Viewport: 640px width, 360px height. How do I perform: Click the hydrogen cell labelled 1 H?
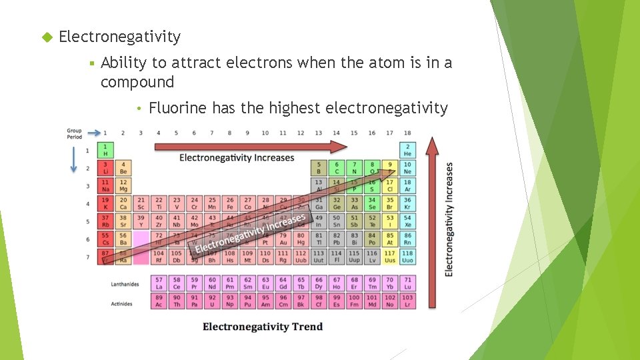(x=105, y=150)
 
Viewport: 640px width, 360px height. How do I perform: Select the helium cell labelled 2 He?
(x=407, y=150)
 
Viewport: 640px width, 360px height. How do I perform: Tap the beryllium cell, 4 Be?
(x=123, y=168)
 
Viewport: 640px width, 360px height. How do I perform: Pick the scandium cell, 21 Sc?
(x=141, y=203)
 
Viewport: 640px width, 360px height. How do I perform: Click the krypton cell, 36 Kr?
(x=407, y=203)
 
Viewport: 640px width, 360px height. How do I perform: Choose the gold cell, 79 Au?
(x=283, y=239)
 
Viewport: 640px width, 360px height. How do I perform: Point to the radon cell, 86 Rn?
(x=407, y=239)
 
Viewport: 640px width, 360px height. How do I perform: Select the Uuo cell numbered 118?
(x=407, y=257)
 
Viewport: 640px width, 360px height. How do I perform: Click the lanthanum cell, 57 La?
(x=159, y=283)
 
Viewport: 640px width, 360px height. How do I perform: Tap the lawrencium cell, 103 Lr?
(x=407, y=301)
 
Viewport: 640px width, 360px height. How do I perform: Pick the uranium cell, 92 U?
(x=212, y=301)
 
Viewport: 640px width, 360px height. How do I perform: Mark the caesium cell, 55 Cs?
(x=105, y=239)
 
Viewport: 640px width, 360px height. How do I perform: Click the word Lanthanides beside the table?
(x=125, y=284)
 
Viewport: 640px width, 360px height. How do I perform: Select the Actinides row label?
(x=122, y=303)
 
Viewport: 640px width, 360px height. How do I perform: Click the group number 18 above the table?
(x=407, y=133)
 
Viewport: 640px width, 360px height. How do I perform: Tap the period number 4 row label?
(x=87, y=203)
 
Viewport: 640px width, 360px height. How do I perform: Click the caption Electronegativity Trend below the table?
(x=263, y=327)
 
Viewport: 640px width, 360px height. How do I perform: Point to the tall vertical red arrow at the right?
(x=433, y=220)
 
